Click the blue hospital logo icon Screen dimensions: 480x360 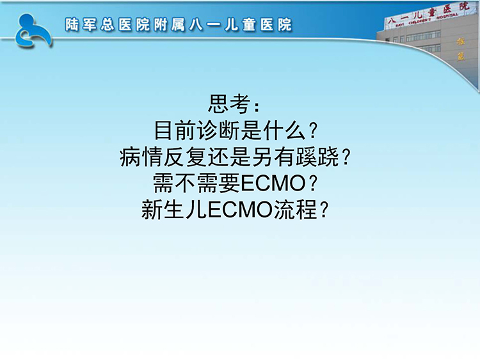click(x=33, y=31)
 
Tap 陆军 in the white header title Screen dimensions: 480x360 click(x=81, y=25)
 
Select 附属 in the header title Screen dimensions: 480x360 click(x=170, y=25)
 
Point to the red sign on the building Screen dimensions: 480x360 click(x=427, y=15)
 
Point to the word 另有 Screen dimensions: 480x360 click(x=273, y=157)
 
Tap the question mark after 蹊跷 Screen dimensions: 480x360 click(x=346, y=157)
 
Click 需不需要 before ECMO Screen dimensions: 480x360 click(x=197, y=184)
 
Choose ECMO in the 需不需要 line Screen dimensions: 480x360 click(x=273, y=184)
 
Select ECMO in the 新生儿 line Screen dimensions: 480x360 click(x=240, y=210)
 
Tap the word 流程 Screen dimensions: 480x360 click(x=295, y=210)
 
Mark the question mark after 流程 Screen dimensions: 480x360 click(x=324, y=210)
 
